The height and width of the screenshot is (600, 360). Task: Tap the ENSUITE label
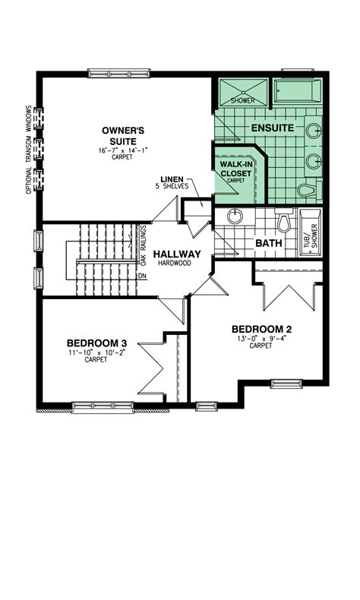pyautogui.click(x=273, y=128)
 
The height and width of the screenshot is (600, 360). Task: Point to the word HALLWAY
pyautogui.click(x=177, y=254)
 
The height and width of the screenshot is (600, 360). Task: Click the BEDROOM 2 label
pyautogui.click(x=261, y=329)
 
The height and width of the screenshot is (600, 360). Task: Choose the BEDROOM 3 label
pyautogui.click(x=95, y=343)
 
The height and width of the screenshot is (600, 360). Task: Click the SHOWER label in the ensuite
pyautogui.click(x=242, y=100)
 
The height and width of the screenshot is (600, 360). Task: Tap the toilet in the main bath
pyautogui.click(x=284, y=222)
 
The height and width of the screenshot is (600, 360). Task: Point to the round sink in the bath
pyautogui.click(x=235, y=216)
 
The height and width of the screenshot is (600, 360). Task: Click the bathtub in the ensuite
pyautogui.click(x=298, y=93)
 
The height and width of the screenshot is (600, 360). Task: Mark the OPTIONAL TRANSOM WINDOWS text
pyautogui.click(x=29, y=149)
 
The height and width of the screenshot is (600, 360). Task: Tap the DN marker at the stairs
pyautogui.click(x=142, y=276)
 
